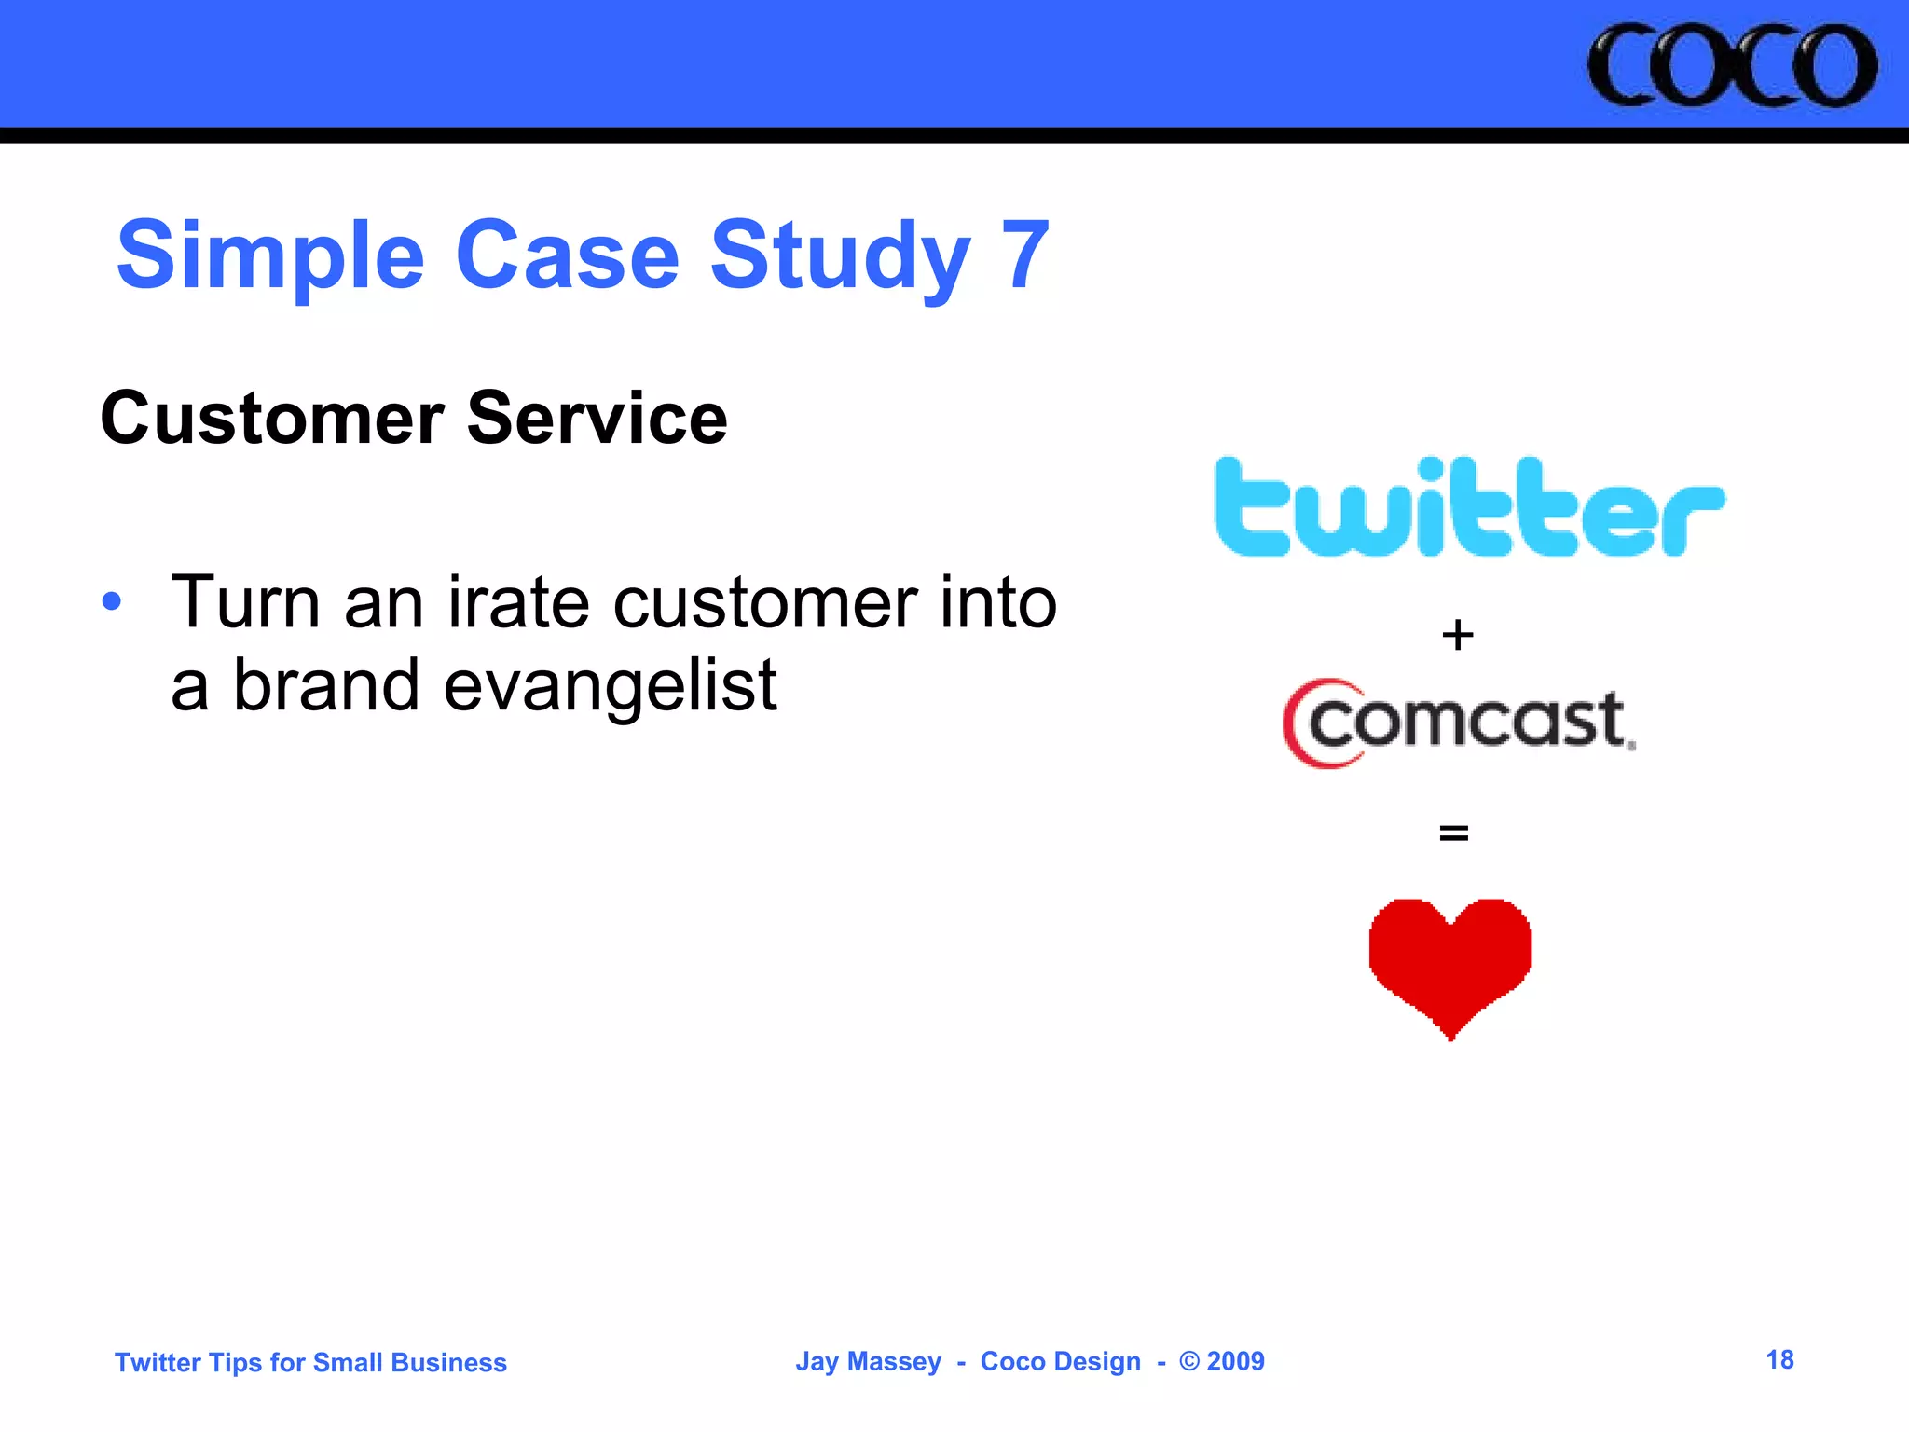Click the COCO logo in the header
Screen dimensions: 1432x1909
click(1732, 65)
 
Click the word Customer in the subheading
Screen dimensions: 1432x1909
click(271, 419)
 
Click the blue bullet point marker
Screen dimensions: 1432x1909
click(112, 601)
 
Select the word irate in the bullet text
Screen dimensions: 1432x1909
click(518, 603)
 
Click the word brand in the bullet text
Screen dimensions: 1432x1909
click(325, 685)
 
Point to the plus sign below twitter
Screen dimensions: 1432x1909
click(1457, 636)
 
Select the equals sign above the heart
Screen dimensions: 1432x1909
click(1453, 832)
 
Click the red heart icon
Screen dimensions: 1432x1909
click(1450, 960)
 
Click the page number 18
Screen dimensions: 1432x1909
click(1779, 1359)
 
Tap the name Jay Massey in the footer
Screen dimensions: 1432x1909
click(868, 1361)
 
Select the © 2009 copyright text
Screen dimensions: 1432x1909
click(1222, 1361)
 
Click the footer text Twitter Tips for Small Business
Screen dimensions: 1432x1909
click(310, 1362)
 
